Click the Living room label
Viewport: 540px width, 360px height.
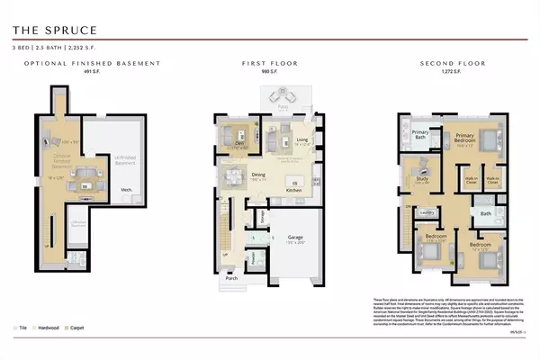click(302, 139)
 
